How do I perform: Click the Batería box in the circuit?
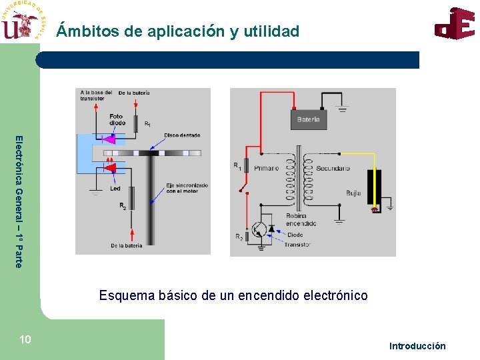point(308,119)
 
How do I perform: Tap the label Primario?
point(266,168)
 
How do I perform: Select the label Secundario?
point(333,168)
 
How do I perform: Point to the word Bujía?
point(353,193)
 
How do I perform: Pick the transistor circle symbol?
point(261,230)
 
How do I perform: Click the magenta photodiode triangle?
point(109,139)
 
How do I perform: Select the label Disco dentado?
point(182,135)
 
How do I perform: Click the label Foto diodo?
point(117,119)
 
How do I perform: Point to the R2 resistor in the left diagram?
point(132,197)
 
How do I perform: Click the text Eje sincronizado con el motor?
point(187,188)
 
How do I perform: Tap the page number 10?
point(25,340)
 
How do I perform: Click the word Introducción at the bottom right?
point(417,345)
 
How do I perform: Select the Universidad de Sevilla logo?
point(23,21)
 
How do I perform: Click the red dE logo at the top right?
point(455,24)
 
